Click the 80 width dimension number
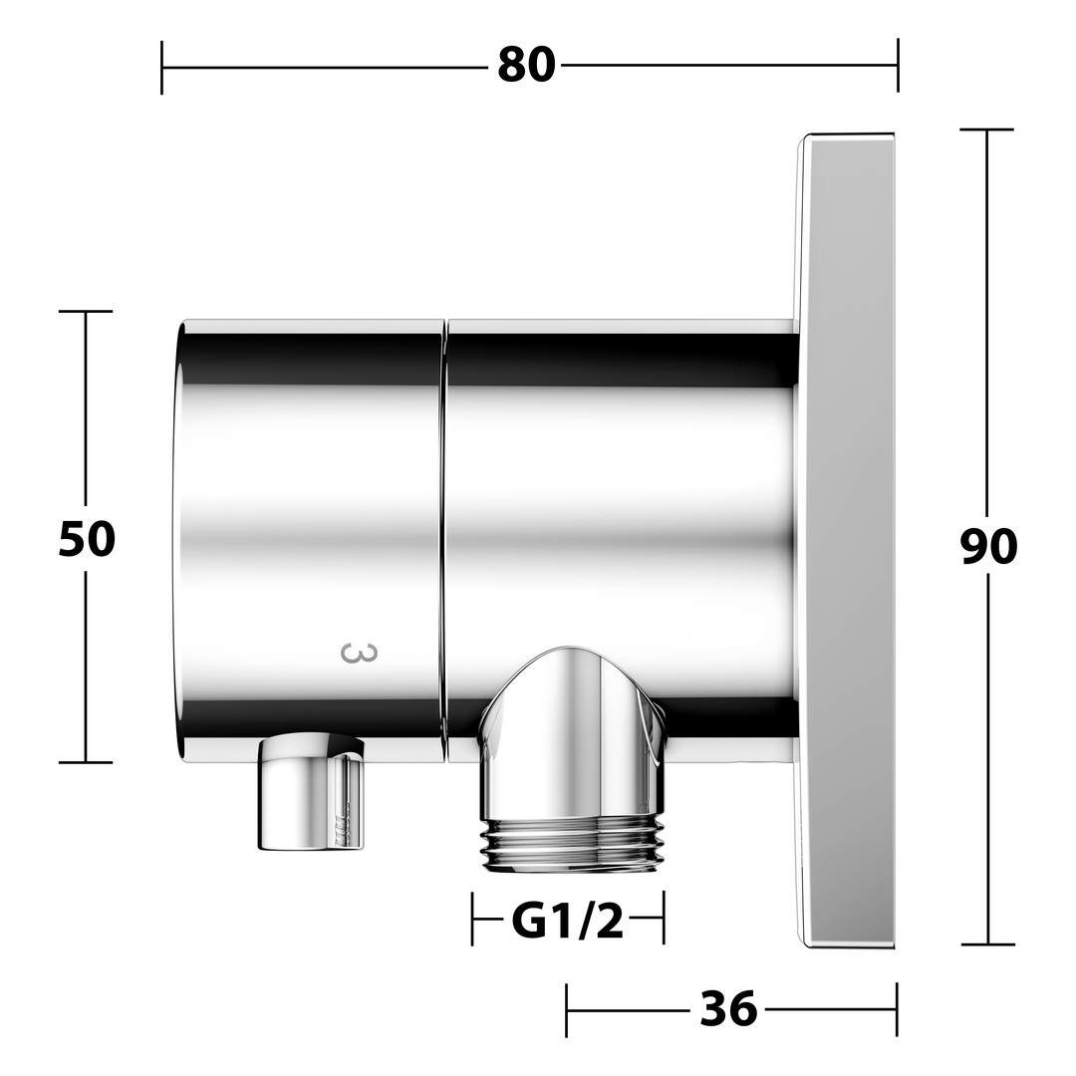pyautogui.click(x=526, y=66)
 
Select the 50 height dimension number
pyautogui.click(x=87, y=539)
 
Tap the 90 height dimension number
pyautogui.click(x=988, y=547)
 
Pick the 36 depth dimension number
pyautogui.click(x=728, y=1009)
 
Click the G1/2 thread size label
pyautogui.click(x=568, y=923)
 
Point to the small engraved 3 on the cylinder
pyautogui.click(x=359, y=653)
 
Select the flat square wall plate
pyautogui.click(x=847, y=541)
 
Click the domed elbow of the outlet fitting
pyautogui.click(x=572, y=731)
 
